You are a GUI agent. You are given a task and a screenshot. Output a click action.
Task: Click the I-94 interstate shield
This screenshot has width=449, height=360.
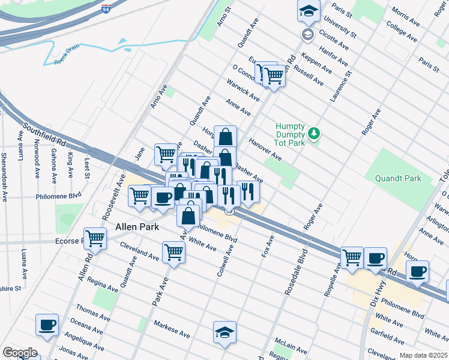[x=105, y=9]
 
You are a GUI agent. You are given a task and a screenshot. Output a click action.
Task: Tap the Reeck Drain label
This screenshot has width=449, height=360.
[x=67, y=58]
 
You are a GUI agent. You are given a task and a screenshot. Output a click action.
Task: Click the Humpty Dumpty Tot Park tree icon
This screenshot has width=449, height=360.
[x=313, y=132]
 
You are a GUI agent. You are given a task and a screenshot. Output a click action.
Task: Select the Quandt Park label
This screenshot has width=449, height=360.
[x=398, y=178]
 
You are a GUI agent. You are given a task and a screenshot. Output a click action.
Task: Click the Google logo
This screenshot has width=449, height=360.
[x=20, y=353]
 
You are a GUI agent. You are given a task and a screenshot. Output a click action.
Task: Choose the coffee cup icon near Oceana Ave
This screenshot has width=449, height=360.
[x=47, y=325]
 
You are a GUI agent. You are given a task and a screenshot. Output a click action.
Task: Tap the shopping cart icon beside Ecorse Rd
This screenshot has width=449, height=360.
[x=95, y=238]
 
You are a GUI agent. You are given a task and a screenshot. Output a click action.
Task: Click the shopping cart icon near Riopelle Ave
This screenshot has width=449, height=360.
[x=352, y=257]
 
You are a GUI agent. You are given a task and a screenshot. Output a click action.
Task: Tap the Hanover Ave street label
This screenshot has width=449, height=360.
[x=266, y=149]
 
